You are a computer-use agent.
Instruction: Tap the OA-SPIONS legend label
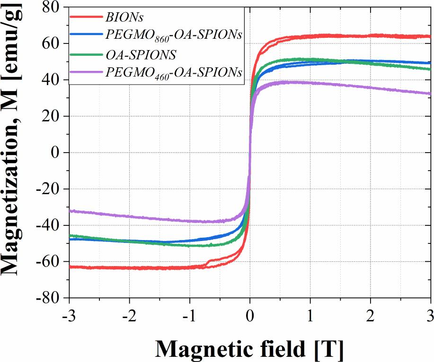141,55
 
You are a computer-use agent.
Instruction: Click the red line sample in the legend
86,17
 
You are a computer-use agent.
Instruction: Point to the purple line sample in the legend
86,73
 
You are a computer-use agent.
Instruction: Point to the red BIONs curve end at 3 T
429,36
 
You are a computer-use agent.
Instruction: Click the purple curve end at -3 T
71,211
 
